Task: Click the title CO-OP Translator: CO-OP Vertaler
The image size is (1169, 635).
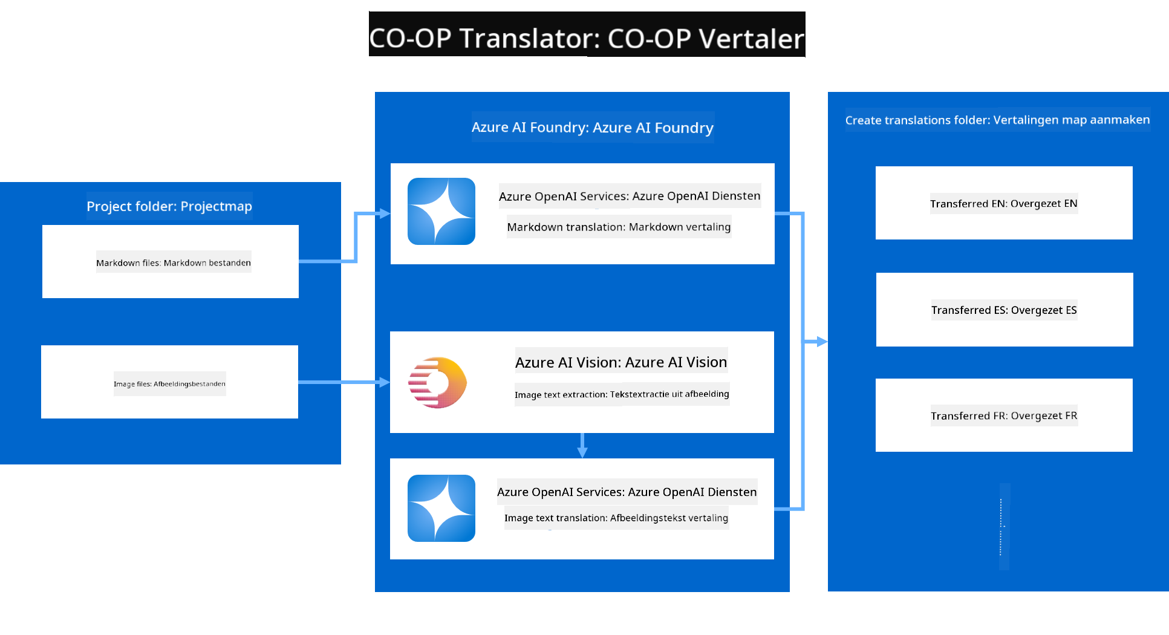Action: pos(587,38)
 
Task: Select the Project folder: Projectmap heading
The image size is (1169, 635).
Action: pos(169,206)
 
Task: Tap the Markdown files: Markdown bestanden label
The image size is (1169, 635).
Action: pos(174,262)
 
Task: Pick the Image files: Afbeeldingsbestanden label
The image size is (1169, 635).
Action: pos(169,383)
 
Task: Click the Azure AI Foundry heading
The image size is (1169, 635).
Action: pos(593,128)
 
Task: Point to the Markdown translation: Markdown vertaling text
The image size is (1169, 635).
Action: pos(619,227)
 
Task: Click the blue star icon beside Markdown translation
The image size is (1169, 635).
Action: pos(441,211)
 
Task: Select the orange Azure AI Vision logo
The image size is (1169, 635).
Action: pos(438,382)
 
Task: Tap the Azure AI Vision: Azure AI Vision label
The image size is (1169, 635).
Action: pos(621,362)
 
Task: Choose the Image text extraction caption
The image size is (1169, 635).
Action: pos(622,394)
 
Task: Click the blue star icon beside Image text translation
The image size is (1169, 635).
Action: pos(441,508)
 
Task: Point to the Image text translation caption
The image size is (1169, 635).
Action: pos(616,518)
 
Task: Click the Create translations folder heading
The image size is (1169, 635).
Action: pos(997,120)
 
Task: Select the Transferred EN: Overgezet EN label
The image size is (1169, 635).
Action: pos(1004,203)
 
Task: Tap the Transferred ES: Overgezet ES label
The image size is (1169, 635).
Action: pos(1004,310)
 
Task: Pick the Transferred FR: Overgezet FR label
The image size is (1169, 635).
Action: pos(1004,415)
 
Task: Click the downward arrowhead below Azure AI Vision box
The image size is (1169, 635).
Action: pos(582,452)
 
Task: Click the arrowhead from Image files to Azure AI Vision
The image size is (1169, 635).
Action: pos(384,382)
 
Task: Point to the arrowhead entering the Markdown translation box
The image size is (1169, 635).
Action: pos(384,213)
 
